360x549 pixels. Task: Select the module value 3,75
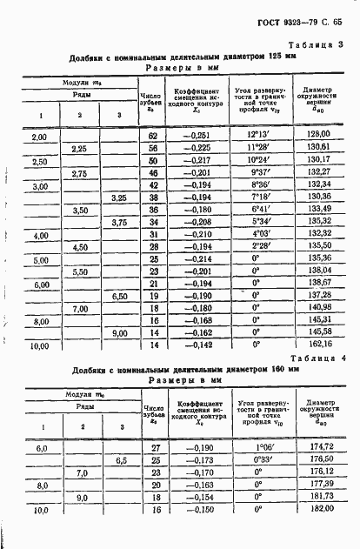click(x=119, y=222)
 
